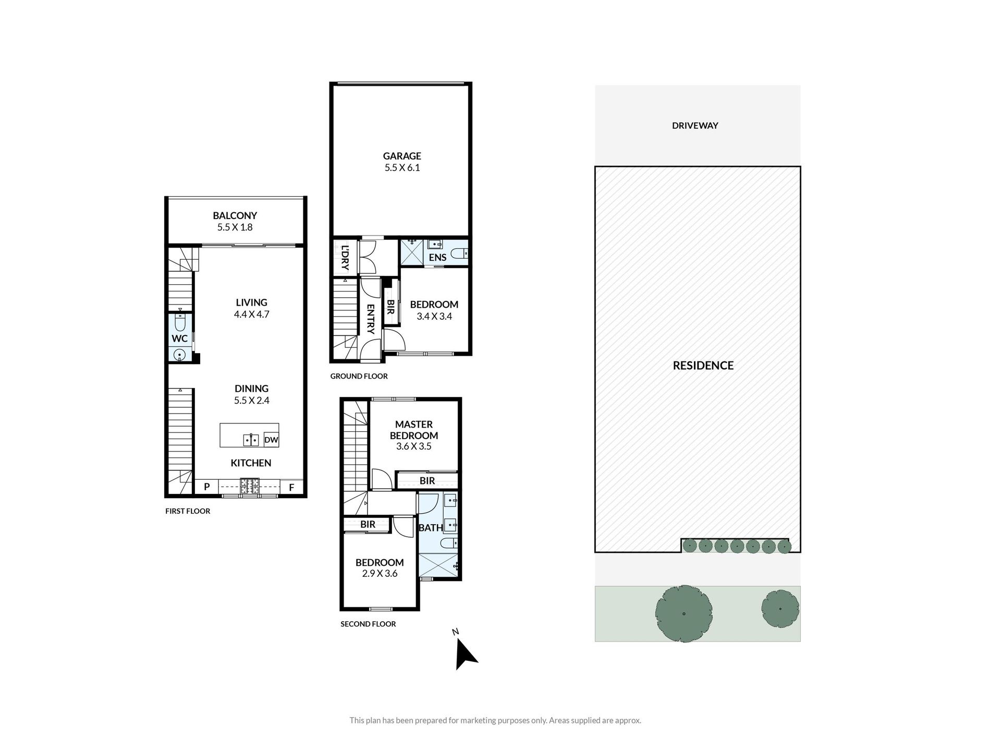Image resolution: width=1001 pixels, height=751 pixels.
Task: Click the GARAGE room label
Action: (402, 156)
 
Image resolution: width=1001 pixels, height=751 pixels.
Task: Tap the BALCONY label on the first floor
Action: (235, 215)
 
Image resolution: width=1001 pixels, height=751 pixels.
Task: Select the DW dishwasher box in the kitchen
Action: (271, 440)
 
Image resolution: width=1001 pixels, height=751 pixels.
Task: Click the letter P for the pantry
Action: (207, 487)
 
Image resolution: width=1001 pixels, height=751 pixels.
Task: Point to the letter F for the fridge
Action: (292, 488)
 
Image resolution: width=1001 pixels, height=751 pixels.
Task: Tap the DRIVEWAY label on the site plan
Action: (695, 126)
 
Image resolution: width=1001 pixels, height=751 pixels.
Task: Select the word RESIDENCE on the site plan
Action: (703, 366)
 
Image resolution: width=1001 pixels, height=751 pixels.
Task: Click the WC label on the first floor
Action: (180, 338)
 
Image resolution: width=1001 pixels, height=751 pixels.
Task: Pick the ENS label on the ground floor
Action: (437, 257)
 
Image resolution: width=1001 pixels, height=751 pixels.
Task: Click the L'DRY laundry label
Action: (345, 258)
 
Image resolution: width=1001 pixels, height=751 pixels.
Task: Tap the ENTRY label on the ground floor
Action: (370, 319)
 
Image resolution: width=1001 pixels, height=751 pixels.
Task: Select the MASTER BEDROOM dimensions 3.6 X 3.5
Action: (414, 446)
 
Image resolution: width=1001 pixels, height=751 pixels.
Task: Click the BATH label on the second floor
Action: (431, 528)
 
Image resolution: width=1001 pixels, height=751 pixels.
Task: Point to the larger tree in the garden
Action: (683, 613)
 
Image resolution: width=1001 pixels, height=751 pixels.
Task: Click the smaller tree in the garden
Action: (780, 609)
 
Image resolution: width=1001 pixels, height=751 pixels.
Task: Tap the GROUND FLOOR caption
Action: (359, 376)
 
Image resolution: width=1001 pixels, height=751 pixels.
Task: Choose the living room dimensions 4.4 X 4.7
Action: (251, 314)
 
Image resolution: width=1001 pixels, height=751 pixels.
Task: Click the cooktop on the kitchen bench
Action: (249, 487)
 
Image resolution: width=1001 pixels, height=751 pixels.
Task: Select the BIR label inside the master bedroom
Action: (427, 481)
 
